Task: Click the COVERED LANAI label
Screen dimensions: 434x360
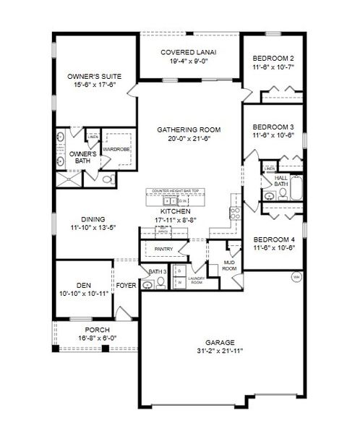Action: [x=189, y=52]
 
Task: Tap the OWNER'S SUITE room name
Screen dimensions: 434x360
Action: [x=94, y=76]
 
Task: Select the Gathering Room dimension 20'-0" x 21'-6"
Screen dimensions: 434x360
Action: [x=189, y=139]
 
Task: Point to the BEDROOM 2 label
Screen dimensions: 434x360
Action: [x=278, y=58]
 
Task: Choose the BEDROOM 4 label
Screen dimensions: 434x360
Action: [x=278, y=239]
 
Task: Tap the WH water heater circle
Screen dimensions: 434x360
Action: [x=296, y=277]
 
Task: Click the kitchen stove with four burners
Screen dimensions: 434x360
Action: [x=234, y=213]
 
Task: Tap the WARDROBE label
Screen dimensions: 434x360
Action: [x=116, y=150]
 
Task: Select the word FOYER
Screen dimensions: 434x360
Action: [x=127, y=284]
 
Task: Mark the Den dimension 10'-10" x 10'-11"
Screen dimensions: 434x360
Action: [x=84, y=293]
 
